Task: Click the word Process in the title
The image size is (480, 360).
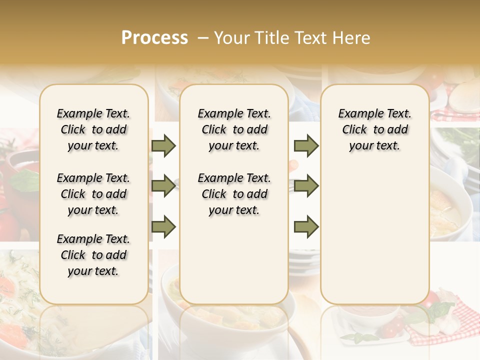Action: click(x=154, y=38)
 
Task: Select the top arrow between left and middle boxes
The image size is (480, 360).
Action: click(x=163, y=145)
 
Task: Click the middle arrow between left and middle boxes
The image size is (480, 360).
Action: click(x=163, y=186)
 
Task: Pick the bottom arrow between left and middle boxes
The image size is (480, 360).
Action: click(x=163, y=226)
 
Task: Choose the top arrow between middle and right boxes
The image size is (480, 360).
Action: click(x=306, y=145)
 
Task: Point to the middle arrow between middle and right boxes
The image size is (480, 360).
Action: click(x=306, y=186)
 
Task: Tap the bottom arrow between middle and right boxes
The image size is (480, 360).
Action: click(x=306, y=226)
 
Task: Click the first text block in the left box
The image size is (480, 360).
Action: click(x=93, y=129)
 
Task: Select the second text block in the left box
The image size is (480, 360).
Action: click(x=93, y=194)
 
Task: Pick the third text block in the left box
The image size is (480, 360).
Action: click(x=93, y=255)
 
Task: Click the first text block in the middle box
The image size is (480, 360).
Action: click(x=234, y=129)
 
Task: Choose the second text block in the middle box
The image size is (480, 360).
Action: click(x=234, y=194)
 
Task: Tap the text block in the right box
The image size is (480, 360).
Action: click(x=375, y=129)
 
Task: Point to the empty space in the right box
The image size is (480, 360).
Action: click(x=375, y=230)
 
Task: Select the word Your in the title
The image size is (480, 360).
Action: click(x=232, y=38)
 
